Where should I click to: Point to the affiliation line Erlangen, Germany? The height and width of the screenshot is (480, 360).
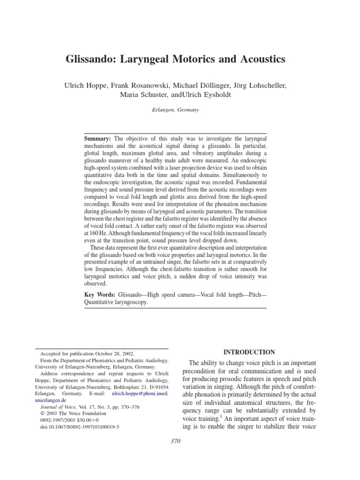[180, 110]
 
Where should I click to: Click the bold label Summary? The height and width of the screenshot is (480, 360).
[97, 139]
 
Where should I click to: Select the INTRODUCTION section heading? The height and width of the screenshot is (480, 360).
[249, 352]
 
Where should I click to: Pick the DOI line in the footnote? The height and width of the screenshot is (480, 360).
[80, 427]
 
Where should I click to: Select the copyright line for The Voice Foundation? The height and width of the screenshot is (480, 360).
[74, 414]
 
